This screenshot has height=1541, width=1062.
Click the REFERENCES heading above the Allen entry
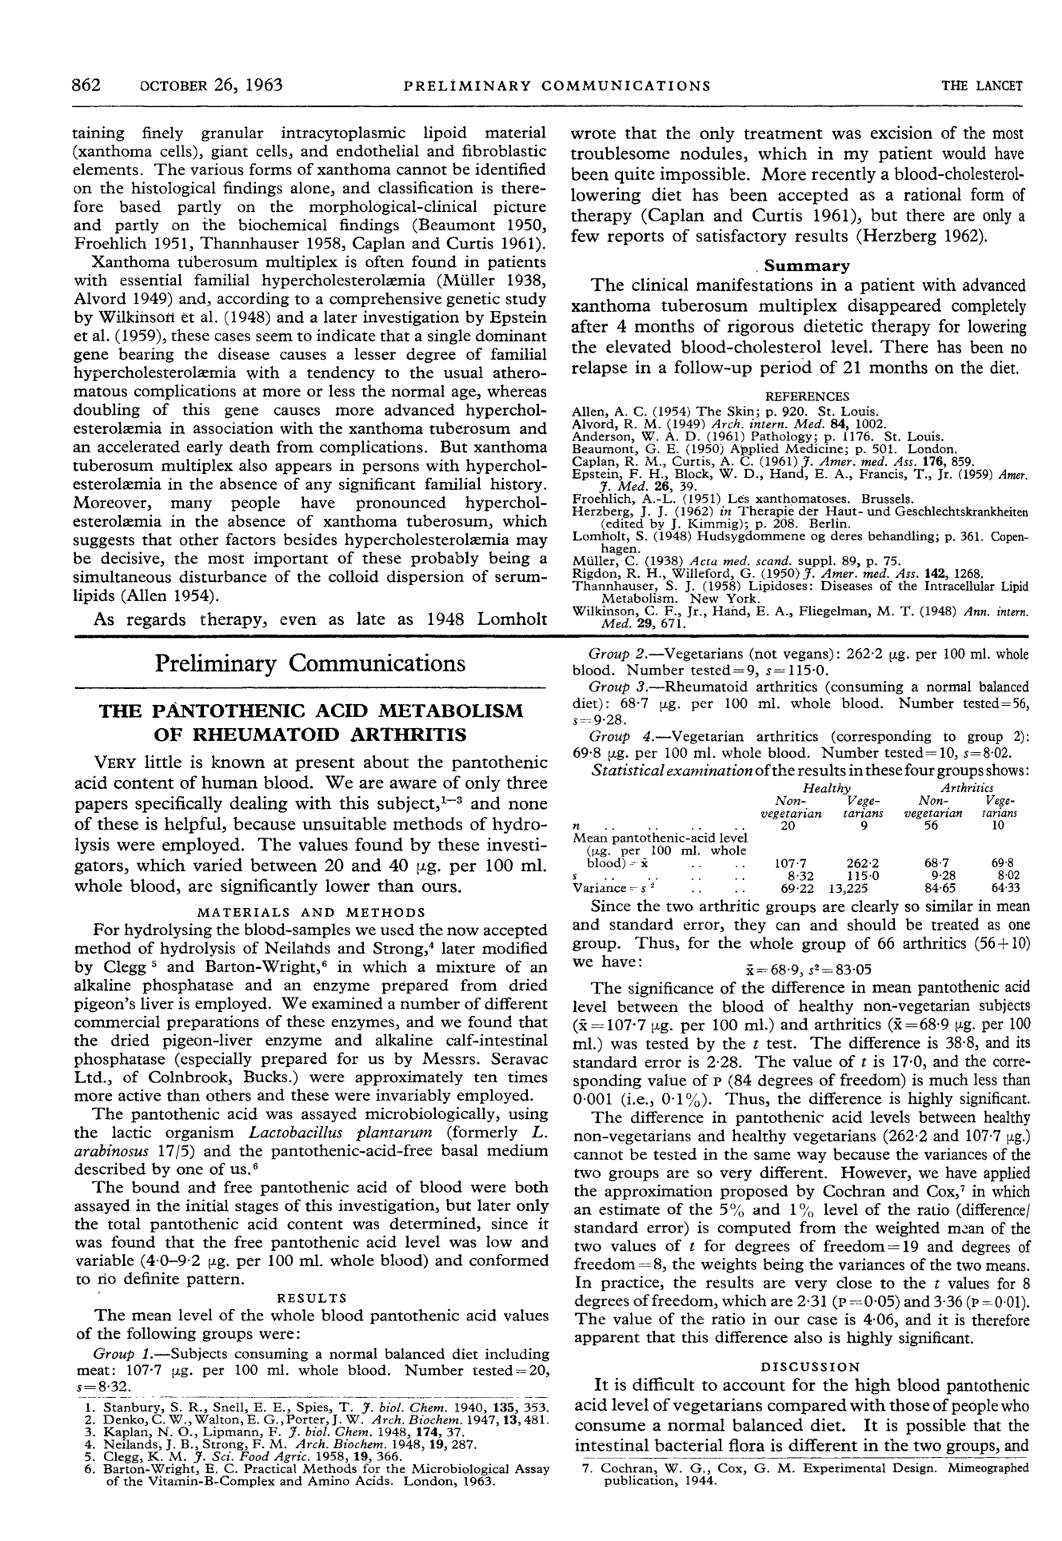(x=807, y=396)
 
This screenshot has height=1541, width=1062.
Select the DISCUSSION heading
(x=810, y=1367)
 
